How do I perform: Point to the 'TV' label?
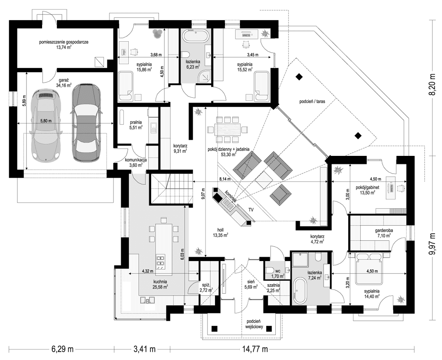click(x=251, y=210)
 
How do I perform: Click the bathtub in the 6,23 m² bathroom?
click(x=196, y=37)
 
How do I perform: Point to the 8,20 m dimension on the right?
click(x=432, y=84)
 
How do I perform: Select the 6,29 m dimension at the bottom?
click(x=62, y=349)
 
